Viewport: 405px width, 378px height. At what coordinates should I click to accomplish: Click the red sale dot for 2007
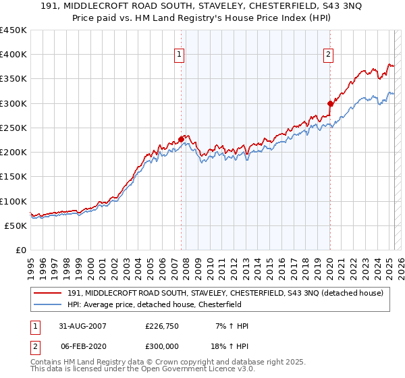point(181,139)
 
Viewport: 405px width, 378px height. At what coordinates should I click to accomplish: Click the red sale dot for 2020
point(330,103)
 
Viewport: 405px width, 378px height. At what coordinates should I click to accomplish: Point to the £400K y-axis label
point(13,55)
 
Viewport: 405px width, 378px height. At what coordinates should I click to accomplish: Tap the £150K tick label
point(13,176)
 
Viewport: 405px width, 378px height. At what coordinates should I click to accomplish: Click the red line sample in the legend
point(49,292)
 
